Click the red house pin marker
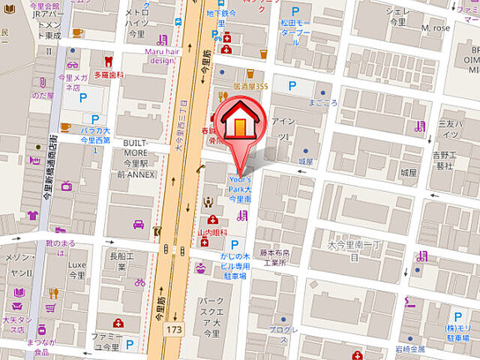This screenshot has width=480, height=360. coord(238,123)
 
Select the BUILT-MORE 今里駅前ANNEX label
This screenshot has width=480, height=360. coord(139,158)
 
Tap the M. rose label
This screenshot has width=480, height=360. coord(435,28)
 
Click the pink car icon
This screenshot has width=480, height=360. coord(139,223)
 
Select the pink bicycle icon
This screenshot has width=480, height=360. coord(139,283)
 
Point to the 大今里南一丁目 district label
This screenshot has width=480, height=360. coord(353,250)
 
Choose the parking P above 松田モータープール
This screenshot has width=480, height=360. coord(295,12)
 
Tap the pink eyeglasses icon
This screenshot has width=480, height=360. coord(73,64)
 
